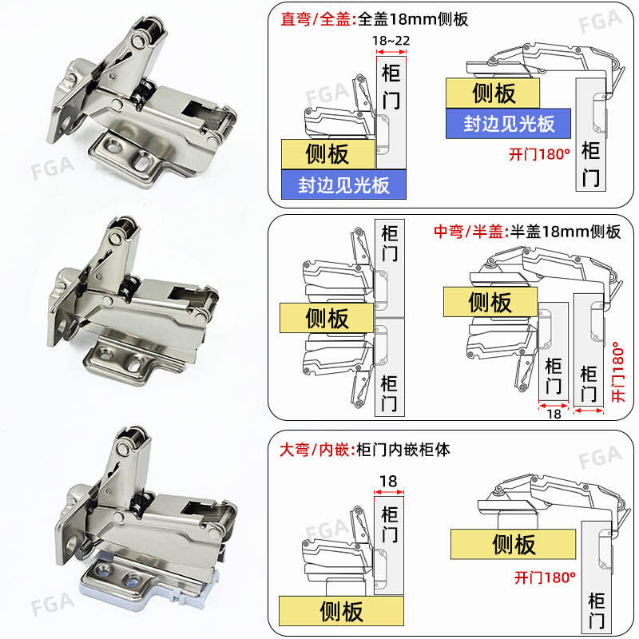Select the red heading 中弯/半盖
tap(469, 232)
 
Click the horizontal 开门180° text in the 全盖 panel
tap(540, 154)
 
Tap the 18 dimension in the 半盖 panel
tap(554, 414)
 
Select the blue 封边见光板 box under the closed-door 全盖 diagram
tap(343, 185)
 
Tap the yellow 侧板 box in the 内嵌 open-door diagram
tap(514, 545)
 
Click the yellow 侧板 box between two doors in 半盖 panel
tap(327, 319)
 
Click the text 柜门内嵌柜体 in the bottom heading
tap(403, 450)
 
